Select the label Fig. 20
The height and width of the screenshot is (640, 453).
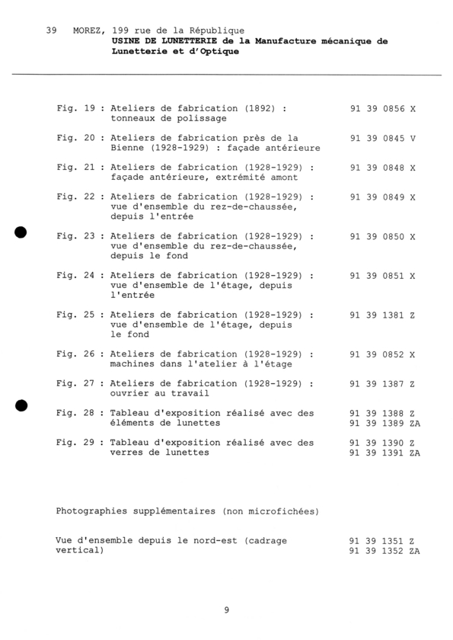click(x=75, y=138)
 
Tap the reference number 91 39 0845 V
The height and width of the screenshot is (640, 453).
click(x=383, y=138)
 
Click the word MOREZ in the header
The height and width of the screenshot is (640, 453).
click(x=89, y=30)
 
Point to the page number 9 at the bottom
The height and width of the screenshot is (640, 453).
click(x=227, y=609)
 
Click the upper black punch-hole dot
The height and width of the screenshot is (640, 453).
click(x=21, y=232)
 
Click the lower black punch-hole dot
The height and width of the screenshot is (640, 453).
click(x=21, y=405)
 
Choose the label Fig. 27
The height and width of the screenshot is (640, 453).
click(x=75, y=383)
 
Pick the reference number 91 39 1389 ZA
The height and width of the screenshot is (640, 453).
click(x=385, y=423)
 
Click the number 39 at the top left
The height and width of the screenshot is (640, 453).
click(x=51, y=30)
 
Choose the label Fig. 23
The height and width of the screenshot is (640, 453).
click(x=75, y=236)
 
